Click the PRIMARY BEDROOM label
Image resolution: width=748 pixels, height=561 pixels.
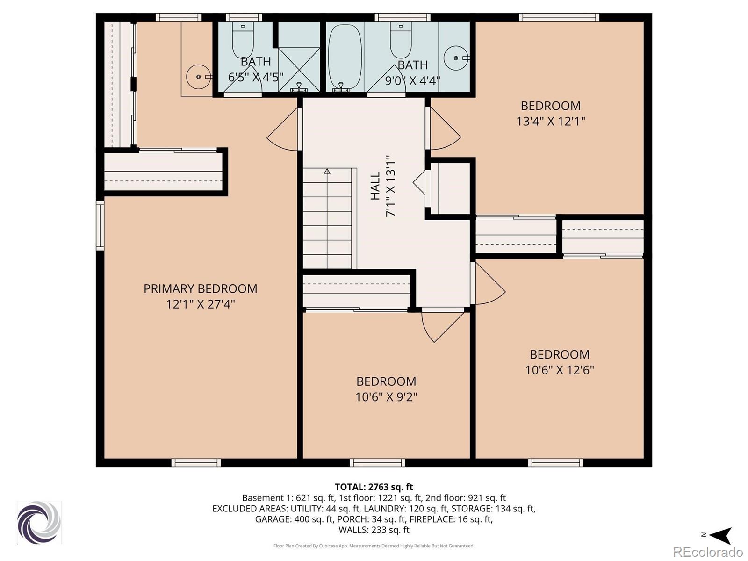click(x=201, y=289)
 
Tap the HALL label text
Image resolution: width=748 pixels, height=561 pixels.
click(x=375, y=186)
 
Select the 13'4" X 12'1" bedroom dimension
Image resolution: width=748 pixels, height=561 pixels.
click(x=551, y=121)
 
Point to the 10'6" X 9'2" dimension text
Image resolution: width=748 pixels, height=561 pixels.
click(x=386, y=397)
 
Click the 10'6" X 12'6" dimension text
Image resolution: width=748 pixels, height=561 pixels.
click(x=560, y=370)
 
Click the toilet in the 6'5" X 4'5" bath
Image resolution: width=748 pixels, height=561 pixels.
click(x=243, y=40)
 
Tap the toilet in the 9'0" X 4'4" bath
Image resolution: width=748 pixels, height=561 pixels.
click(x=401, y=40)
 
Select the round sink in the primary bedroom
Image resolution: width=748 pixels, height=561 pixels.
click(x=199, y=77)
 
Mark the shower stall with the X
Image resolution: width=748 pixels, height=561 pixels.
click(x=299, y=70)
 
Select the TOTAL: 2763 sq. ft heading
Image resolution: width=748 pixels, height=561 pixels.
click(x=374, y=487)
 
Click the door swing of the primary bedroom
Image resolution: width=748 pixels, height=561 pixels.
click(x=282, y=129)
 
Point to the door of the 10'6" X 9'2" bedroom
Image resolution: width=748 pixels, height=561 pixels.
click(x=443, y=326)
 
